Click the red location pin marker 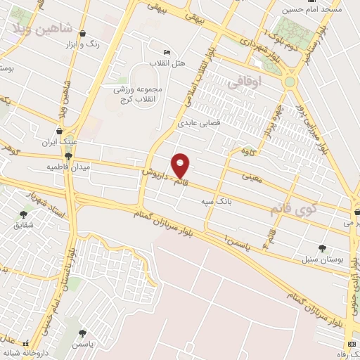[181, 165]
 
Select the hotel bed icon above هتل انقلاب [167, 52]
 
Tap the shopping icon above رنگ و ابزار [82, 33]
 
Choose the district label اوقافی [245, 82]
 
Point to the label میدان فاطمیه [65, 167]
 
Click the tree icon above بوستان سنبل [322, 248]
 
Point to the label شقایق [22, 225]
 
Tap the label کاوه [247, 151]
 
